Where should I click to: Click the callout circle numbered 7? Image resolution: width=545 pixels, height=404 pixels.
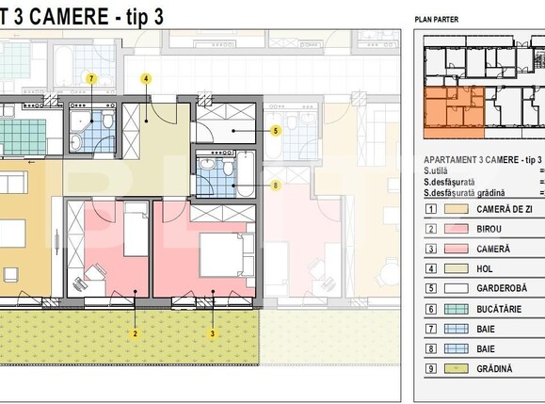click(91, 79)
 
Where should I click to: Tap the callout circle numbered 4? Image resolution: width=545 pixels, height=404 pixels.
click(147, 79)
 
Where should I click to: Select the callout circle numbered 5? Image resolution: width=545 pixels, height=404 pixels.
click(275, 131)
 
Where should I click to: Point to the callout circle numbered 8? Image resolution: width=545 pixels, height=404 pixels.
click(275, 186)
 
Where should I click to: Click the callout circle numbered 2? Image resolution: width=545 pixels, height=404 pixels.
click(136, 333)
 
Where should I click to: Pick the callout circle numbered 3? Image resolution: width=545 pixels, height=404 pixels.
click(213, 333)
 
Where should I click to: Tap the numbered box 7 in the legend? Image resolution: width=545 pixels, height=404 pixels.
click(430, 330)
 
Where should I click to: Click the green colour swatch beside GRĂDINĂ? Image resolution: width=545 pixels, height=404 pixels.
click(456, 369)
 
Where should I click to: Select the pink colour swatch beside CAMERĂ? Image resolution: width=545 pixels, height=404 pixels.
click(456, 249)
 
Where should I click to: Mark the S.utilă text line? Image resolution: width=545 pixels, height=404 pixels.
click(440, 171)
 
